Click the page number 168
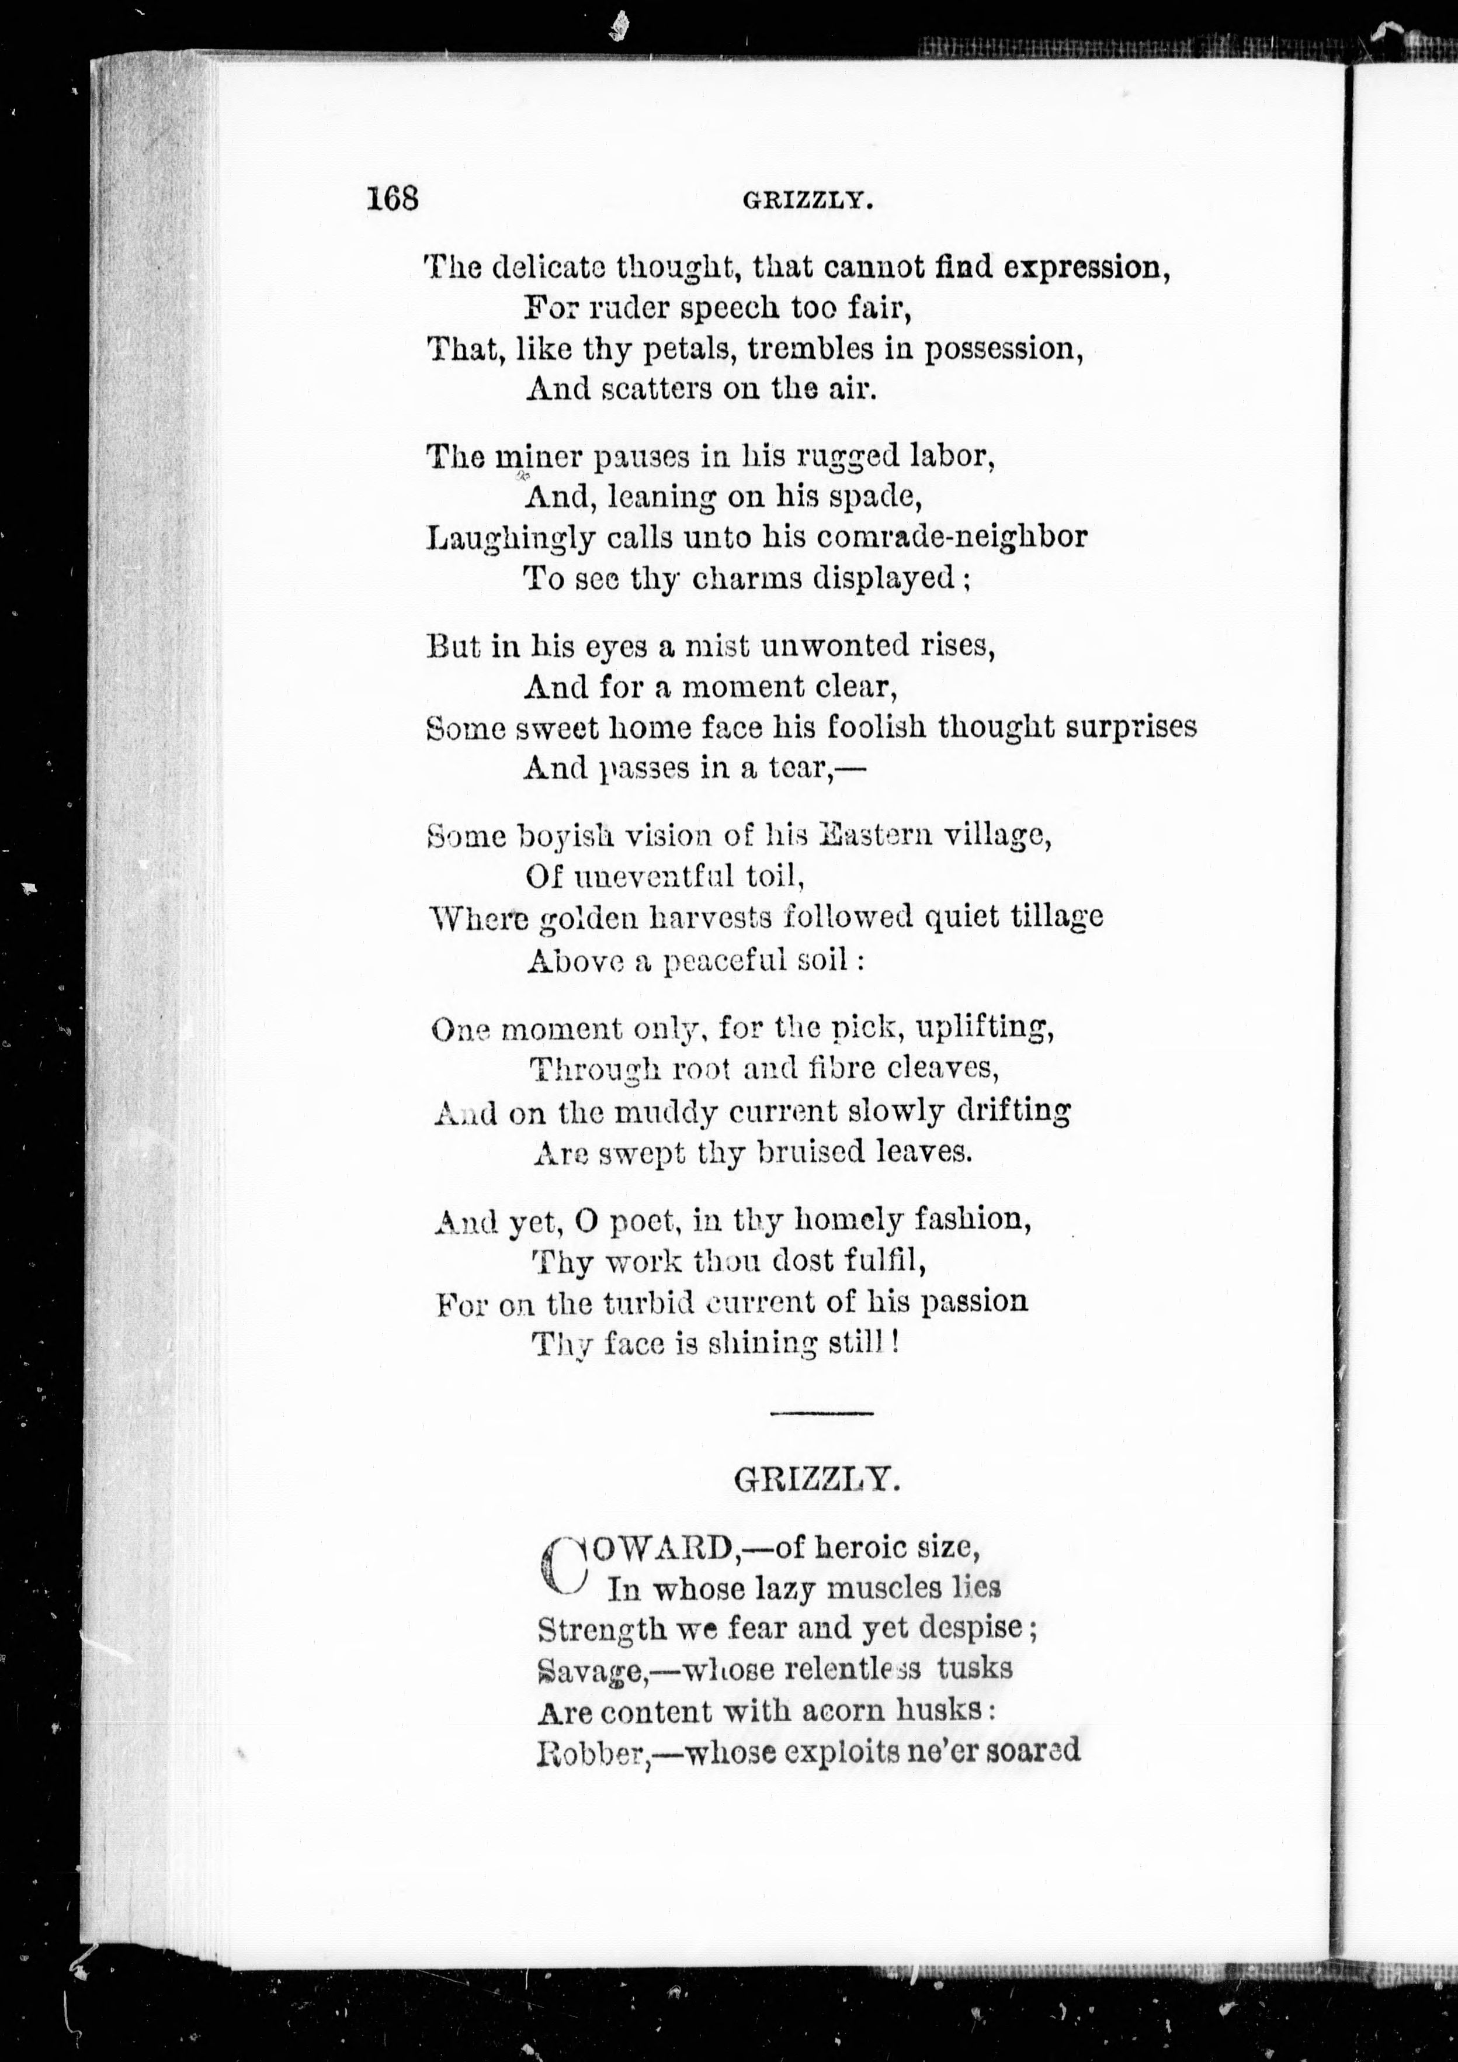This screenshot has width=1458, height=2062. coord(393,198)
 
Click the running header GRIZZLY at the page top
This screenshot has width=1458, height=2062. coord(807,202)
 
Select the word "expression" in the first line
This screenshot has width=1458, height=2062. coord(1085,268)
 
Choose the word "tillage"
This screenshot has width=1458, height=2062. coord(1058,917)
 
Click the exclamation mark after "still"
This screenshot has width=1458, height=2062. coord(895,1344)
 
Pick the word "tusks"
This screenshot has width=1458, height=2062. coord(974,1667)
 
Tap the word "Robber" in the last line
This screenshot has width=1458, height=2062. coord(592,1752)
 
